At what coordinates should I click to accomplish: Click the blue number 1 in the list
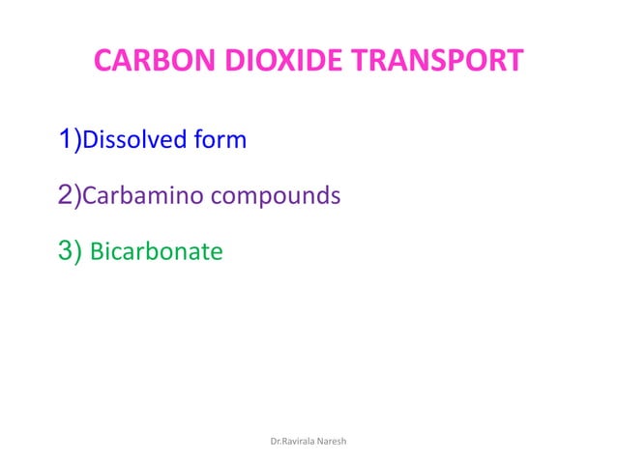click(65, 140)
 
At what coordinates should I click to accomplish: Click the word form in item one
click(220, 141)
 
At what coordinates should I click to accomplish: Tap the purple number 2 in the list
click(65, 196)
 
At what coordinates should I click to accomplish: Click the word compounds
click(276, 197)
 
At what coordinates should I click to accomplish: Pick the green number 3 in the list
click(65, 252)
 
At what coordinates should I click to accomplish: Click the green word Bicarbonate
click(156, 253)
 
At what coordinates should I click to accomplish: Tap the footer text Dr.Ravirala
click(290, 441)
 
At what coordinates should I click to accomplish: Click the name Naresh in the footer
click(334, 441)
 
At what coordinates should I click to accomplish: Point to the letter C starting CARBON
click(103, 62)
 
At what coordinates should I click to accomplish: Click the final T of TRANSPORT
click(514, 62)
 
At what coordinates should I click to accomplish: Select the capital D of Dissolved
click(88, 141)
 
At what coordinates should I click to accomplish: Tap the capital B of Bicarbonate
click(96, 253)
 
